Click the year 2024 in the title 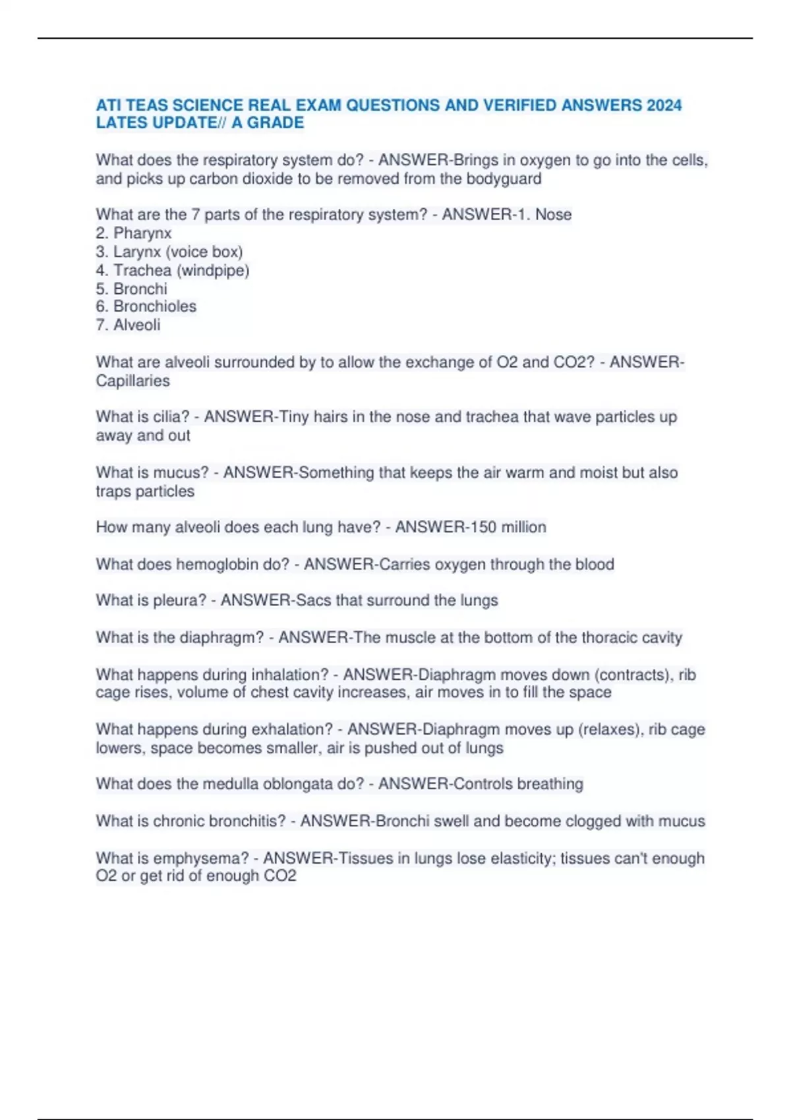tap(664, 105)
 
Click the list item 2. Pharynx tap(134, 233)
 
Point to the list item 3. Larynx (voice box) tap(169, 252)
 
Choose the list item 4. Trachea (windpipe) tap(173, 270)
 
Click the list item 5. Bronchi tap(132, 289)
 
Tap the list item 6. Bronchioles tap(146, 306)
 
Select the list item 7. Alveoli tap(129, 325)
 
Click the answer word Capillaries tap(132, 381)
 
